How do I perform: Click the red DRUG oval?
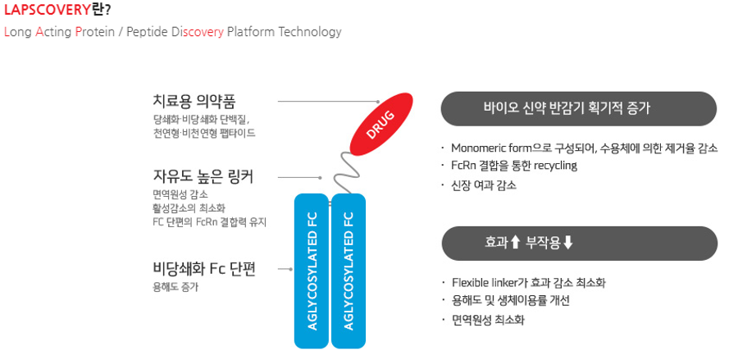[381, 124]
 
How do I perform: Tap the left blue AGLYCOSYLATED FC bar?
[312, 271]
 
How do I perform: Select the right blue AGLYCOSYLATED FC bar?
[349, 271]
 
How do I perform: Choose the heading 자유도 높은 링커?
[203, 177]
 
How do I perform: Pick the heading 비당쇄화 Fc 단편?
[204, 269]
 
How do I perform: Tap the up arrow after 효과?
[515, 243]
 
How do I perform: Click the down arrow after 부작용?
[568, 243]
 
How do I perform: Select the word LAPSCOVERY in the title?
[46, 10]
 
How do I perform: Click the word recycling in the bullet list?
[555, 166]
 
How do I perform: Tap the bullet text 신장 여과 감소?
[484, 185]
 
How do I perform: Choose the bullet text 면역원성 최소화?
[488, 320]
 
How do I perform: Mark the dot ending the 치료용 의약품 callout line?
[379, 101]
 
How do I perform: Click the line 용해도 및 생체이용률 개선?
[511, 301]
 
